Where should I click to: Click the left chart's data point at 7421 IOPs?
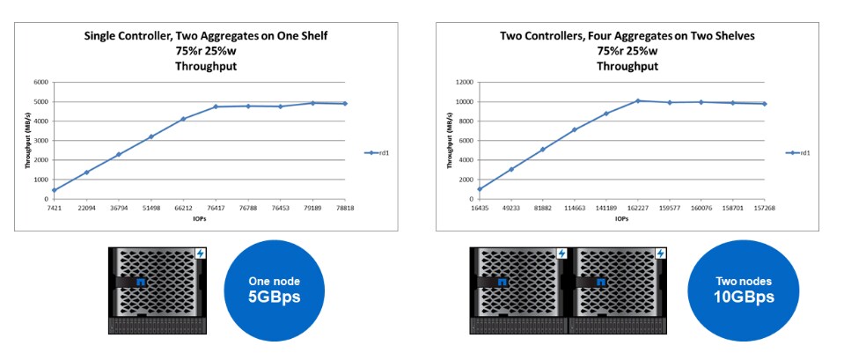coord(54,190)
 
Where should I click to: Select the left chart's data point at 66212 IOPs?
coord(183,119)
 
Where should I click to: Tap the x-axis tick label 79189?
coord(312,208)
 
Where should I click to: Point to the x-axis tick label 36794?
coord(119,208)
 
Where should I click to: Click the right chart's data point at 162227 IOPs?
coord(638,100)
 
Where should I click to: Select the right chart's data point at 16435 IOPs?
coord(480,189)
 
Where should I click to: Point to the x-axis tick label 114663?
coord(575,208)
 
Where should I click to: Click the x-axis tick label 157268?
coord(765,208)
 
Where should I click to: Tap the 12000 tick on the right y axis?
coord(463,82)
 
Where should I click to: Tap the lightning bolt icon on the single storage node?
coord(200,253)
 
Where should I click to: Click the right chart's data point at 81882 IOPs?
coord(543,149)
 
